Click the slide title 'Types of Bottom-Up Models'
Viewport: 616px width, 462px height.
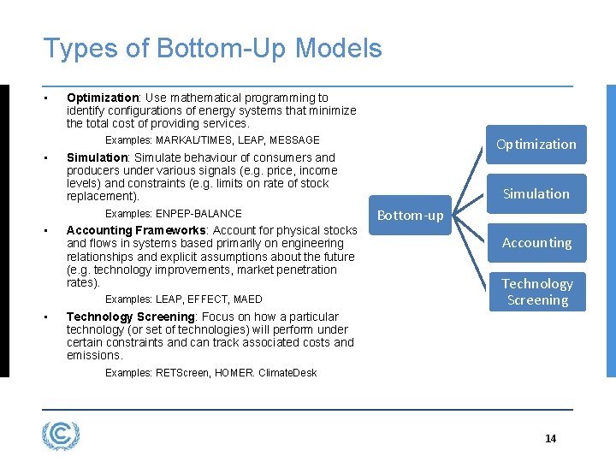(212, 49)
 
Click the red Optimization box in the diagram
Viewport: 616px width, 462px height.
(536, 144)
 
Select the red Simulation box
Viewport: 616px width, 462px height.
(536, 193)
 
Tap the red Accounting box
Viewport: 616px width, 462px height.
(536, 243)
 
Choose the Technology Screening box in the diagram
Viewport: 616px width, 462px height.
(536, 292)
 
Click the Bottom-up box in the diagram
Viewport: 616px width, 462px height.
(411, 215)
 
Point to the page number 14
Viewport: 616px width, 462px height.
(550, 438)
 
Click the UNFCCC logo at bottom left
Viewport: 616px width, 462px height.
(61, 435)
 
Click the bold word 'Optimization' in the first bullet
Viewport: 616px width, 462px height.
(103, 98)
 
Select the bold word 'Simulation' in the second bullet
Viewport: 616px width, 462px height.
(97, 157)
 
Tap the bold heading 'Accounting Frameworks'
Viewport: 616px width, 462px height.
(135, 230)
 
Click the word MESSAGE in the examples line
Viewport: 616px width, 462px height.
(295, 139)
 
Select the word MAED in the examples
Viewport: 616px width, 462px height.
(247, 299)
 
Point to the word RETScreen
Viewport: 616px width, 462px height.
(182, 372)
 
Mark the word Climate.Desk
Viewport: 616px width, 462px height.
(287, 372)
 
